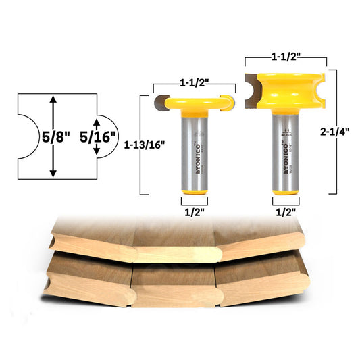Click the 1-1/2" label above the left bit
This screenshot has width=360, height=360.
click(195, 82)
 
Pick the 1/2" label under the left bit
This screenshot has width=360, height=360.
click(194, 211)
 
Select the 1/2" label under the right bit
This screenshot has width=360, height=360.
click(285, 211)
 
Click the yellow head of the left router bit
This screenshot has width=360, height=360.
click(194, 104)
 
